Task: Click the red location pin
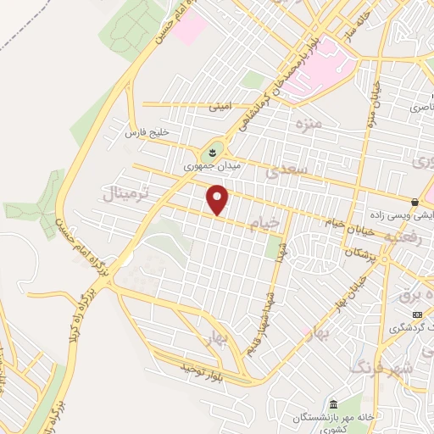[219, 200]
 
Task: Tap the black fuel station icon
[414, 202]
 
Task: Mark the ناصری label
[420, 108]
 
